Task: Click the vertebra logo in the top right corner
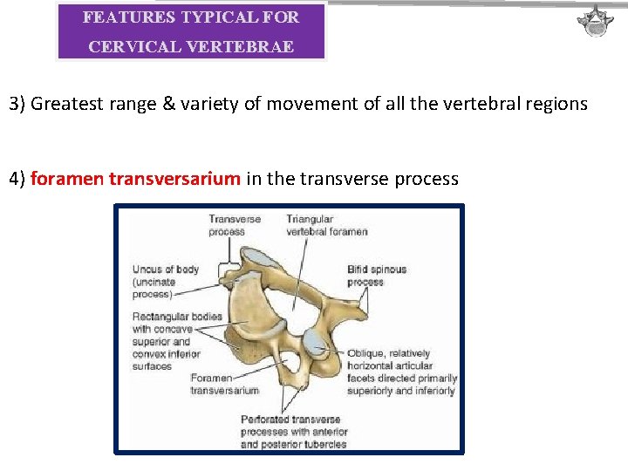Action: [596, 20]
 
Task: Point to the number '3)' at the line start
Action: [17, 104]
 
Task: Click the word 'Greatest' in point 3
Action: [66, 104]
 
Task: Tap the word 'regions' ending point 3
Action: [556, 104]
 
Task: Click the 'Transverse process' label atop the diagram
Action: [234, 225]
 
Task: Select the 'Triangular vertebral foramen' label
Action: [326, 225]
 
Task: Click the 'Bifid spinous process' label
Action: [376, 276]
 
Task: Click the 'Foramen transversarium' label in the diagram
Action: [224, 384]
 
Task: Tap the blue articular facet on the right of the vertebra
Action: [319, 349]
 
